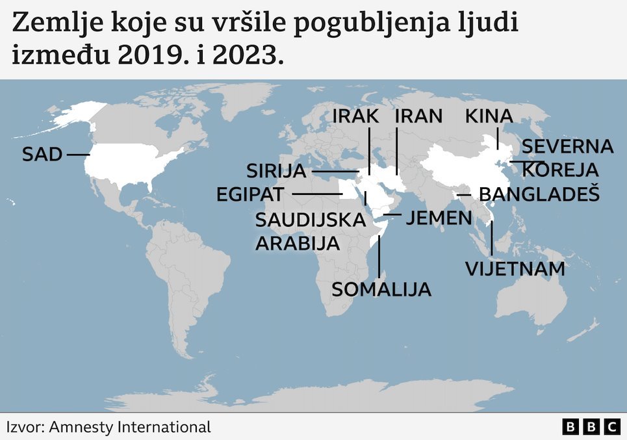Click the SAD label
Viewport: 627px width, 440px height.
pos(42,155)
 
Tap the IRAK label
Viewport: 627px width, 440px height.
pos(355,116)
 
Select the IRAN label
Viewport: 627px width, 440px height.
pos(418,116)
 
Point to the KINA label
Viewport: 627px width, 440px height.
pos(489,116)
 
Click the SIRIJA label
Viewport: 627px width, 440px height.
pos(276,172)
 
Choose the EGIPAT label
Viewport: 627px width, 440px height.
pos(251,194)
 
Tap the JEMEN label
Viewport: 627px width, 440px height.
pos(439,218)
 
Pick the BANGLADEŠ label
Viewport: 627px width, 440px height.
pos(539,194)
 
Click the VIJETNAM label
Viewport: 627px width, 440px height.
pos(515,268)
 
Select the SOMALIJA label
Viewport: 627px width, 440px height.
pos(381,289)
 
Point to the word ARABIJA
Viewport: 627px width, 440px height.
pos(298,244)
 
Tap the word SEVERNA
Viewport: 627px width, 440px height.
pos(568,147)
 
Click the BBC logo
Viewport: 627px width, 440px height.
pos(591,427)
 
